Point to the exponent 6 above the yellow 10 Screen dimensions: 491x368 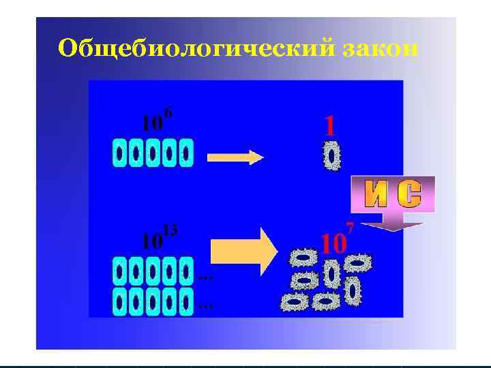point(168,112)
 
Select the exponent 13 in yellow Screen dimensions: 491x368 point(170,230)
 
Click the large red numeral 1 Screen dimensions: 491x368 point(330,125)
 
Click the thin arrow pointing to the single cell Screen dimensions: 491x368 point(235,158)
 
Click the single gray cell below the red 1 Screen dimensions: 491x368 point(332,156)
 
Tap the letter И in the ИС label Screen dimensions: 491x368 point(376,195)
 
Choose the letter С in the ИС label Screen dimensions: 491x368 point(408,195)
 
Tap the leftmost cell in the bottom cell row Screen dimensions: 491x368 point(120,301)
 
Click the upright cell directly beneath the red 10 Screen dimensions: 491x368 point(332,275)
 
